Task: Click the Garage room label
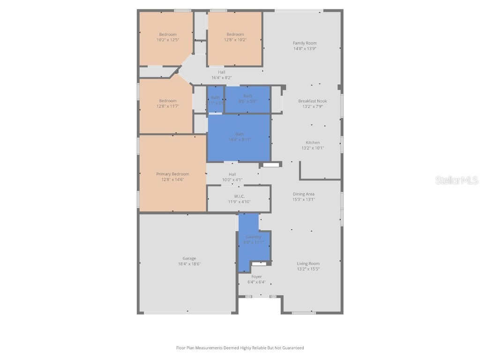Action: [189, 258]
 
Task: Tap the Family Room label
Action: [305, 43]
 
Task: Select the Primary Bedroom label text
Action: [173, 174]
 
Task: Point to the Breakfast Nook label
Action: [313, 101]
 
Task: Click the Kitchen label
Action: [313, 142]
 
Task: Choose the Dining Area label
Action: [304, 194]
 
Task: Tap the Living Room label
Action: [308, 263]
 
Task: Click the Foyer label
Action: [257, 277]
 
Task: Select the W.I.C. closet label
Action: [240, 196]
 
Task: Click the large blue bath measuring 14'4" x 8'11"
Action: [239, 137]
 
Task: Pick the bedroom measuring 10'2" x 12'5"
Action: [168, 37]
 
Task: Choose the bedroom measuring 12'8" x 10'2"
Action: [235, 37]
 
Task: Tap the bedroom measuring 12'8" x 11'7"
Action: [168, 104]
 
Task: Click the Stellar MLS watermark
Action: [457, 180]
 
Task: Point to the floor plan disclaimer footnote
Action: [240, 348]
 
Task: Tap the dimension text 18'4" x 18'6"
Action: [189, 264]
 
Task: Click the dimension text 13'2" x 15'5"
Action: [308, 269]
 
